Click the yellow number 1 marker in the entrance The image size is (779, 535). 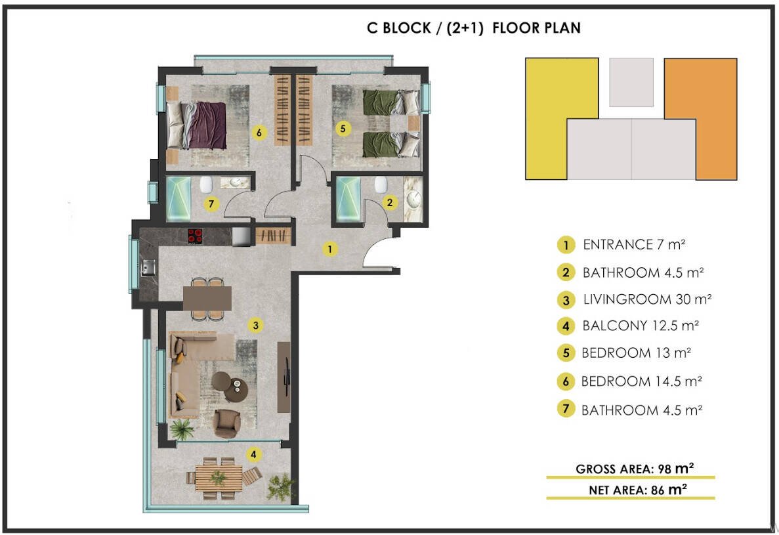pos(329,249)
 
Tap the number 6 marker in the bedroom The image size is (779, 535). pos(259,133)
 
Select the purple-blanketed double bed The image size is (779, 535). pos(196,125)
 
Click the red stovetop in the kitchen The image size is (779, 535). pos(195,236)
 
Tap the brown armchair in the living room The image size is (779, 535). pos(226,423)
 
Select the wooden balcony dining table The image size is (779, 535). pos(219,477)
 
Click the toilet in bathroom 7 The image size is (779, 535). pos(206,185)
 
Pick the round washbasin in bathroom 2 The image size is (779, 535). pos(413,200)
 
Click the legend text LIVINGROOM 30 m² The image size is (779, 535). pos(647,299)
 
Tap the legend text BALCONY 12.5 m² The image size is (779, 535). pos(641,326)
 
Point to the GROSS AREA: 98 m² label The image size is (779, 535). pos(635,469)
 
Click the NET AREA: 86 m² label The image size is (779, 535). pos(638,490)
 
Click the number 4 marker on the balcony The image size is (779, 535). pos(254,454)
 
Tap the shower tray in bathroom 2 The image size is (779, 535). pos(348,199)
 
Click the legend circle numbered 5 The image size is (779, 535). pos(566,353)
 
